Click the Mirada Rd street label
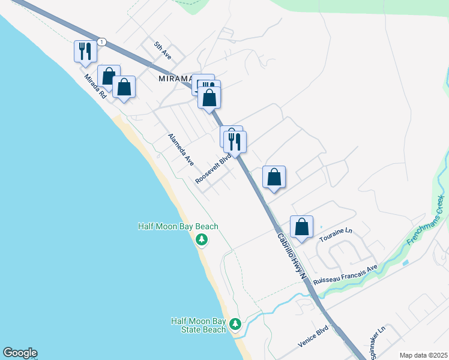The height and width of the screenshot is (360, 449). (95, 86)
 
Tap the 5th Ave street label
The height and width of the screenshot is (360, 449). (162, 50)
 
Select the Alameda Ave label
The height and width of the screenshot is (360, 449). (181, 149)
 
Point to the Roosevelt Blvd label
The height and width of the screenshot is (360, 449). (213, 171)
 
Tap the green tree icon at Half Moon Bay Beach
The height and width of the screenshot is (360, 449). (202, 240)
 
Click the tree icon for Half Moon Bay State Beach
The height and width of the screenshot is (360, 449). (236, 325)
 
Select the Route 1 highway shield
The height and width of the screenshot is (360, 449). (103, 41)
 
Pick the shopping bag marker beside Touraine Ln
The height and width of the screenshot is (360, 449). (302, 227)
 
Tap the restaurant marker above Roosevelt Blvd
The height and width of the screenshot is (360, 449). (235, 142)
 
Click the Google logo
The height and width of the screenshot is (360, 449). (20, 353)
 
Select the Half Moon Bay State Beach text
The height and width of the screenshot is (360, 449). (199, 325)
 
